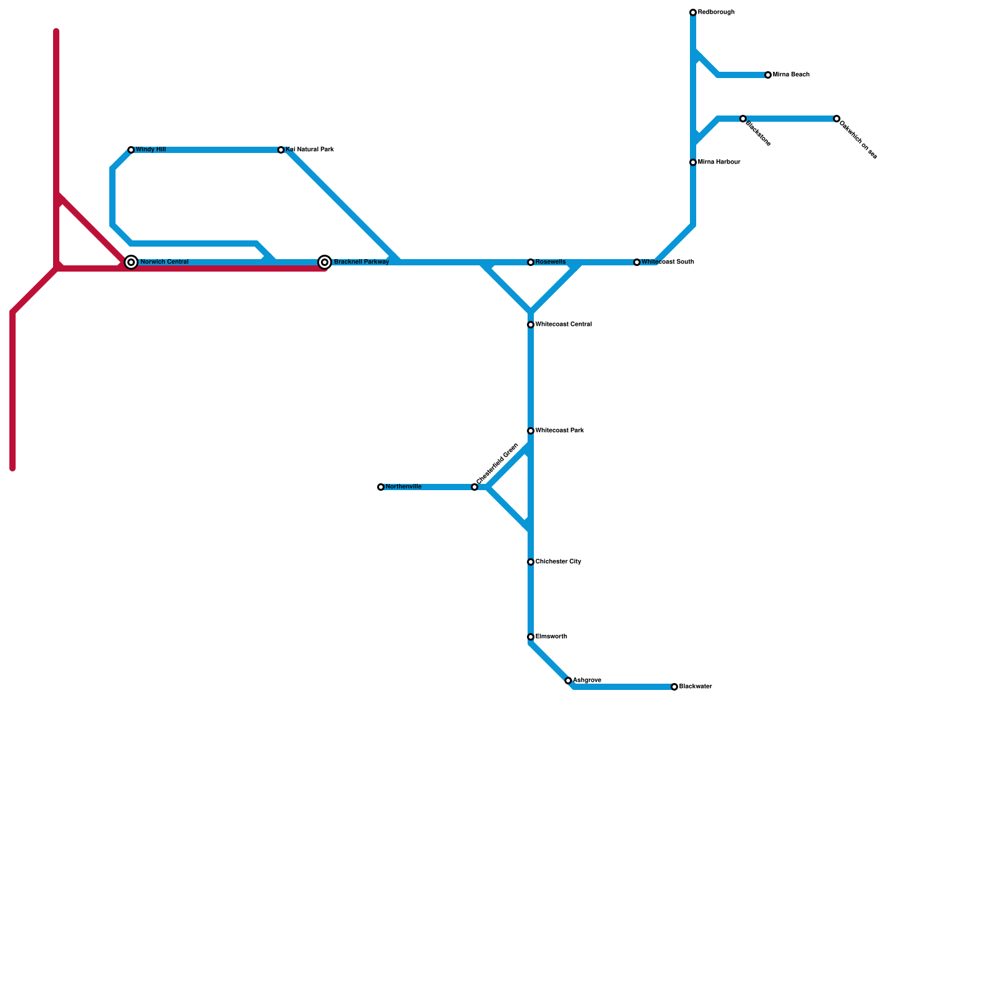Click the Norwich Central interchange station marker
click(x=131, y=262)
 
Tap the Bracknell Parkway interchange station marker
click(x=325, y=262)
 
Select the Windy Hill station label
click(x=150, y=150)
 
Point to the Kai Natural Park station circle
click(x=281, y=150)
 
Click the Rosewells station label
click(x=551, y=262)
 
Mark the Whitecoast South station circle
click(x=637, y=262)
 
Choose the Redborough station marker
click(x=693, y=12)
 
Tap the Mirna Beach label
click(x=791, y=75)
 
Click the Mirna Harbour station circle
click(x=693, y=162)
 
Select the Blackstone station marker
click(x=743, y=119)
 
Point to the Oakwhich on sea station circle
click(x=837, y=119)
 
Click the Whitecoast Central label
click(x=563, y=325)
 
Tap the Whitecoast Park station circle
click(x=531, y=431)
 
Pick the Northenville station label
click(x=403, y=487)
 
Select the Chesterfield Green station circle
click(x=475, y=487)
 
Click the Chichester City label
click(x=558, y=562)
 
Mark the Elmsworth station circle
click(x=531, y=637)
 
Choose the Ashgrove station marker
click(x=568, y=681)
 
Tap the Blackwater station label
click(x=696, y=687)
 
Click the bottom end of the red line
click(x=12, y=468)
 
